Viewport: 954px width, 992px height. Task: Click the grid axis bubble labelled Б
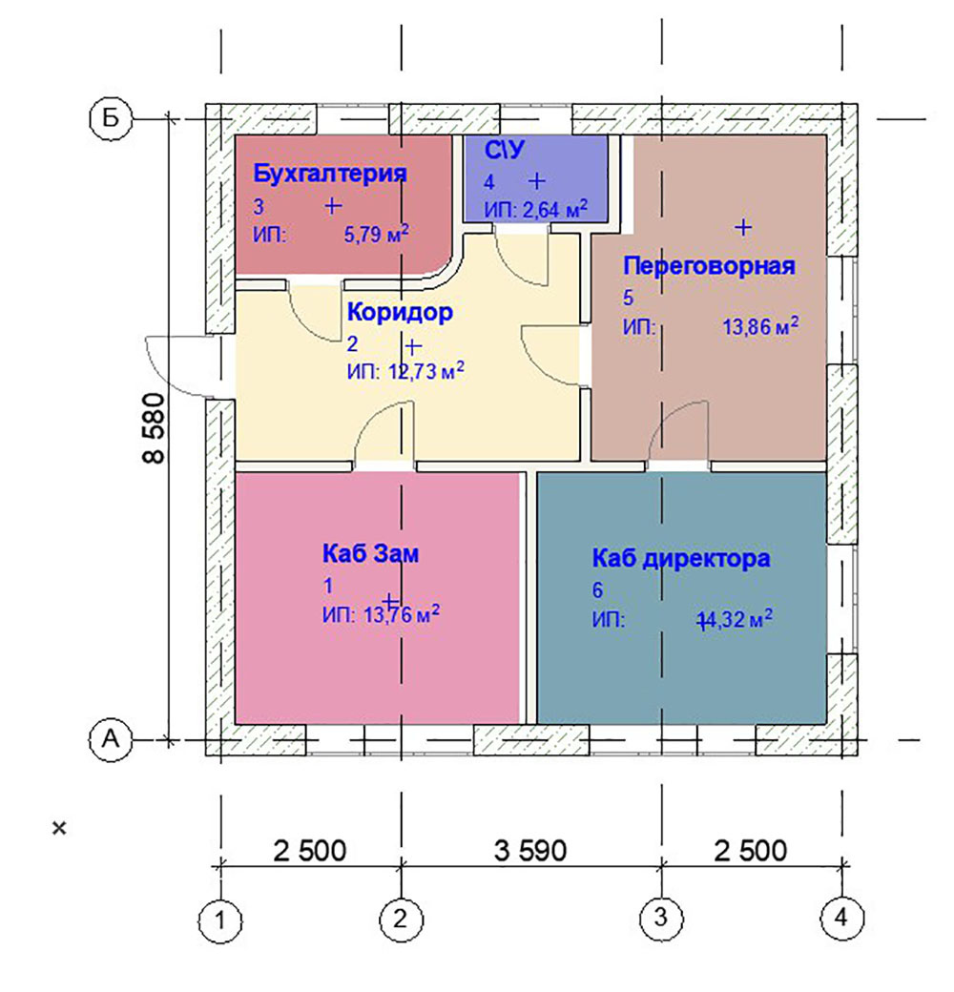[x=111, y=118]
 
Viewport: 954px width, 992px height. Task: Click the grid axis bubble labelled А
[x=111, y=739]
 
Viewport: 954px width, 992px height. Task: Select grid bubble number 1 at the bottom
[x=220, y=920]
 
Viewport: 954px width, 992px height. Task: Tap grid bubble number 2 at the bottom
[x=401, y=919]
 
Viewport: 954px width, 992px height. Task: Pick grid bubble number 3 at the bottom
[x=661, y=918]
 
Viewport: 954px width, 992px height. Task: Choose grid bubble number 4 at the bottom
[x=841, y=918]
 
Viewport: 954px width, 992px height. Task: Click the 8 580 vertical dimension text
[x=154, y=428]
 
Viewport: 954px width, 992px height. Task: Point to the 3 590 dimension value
[x=530, y=851]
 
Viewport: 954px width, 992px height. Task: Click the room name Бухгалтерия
[x=329, y=174]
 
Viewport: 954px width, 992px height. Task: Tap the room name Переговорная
[x=709, y=266]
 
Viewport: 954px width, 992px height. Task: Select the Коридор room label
[x=400, y=313]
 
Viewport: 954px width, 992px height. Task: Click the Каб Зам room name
[x=371, y=553]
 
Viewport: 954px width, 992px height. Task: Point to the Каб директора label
[x=681, y=559]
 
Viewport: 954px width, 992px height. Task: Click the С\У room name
[x=505, y=151]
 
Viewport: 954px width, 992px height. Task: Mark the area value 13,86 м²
[x=760, y=326]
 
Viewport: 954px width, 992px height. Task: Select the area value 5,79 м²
[x=377, y=234]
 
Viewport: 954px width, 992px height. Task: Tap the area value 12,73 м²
[x=426, y=371]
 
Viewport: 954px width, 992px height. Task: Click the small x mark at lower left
[x=59, y=828]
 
